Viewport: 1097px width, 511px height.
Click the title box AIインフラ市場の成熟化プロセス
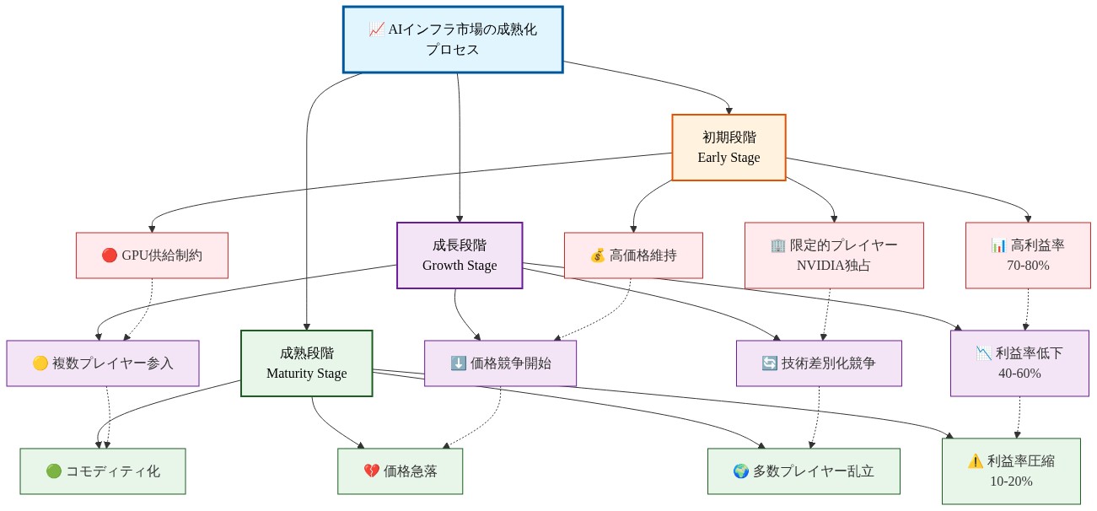(453, 40)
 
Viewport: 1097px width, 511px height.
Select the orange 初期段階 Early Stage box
(729, 148)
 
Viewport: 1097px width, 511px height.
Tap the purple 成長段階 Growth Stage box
(460, 255)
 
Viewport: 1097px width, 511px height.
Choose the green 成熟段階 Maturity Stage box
(306, 363)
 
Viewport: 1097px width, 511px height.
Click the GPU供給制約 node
(152, 255)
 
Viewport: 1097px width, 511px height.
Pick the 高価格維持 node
(632, 255)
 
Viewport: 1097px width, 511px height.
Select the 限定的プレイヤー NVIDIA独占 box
(833, 255)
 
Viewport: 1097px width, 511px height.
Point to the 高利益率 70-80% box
(1028, 255)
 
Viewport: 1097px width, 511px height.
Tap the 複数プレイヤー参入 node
(103, 363)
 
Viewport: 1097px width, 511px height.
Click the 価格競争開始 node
(500, 363)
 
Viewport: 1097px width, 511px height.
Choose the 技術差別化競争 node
(818, 363)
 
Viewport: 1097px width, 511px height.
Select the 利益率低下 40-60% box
(1019, 363)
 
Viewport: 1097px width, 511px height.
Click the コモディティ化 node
(102, 471)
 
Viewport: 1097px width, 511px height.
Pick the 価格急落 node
(400, 471)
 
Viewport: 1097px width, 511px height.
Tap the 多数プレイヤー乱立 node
(803, 471)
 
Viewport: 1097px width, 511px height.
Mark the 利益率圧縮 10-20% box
(1011, 471)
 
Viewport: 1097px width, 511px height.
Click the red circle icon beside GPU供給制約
(109, 255)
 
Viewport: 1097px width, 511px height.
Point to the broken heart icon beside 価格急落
(371, 471)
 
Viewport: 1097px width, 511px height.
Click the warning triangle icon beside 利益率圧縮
(975, 461)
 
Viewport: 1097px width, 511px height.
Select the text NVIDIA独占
(833, 265)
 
